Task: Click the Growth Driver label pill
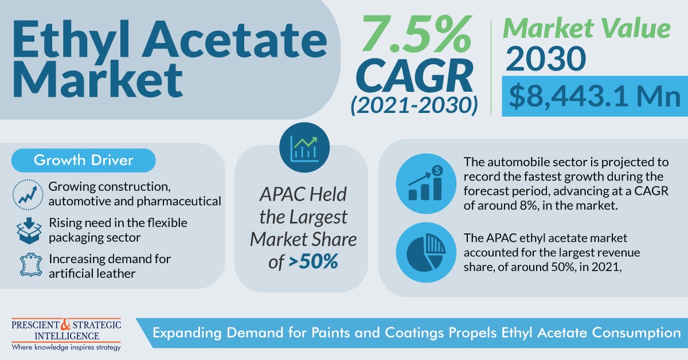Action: (84, 160)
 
